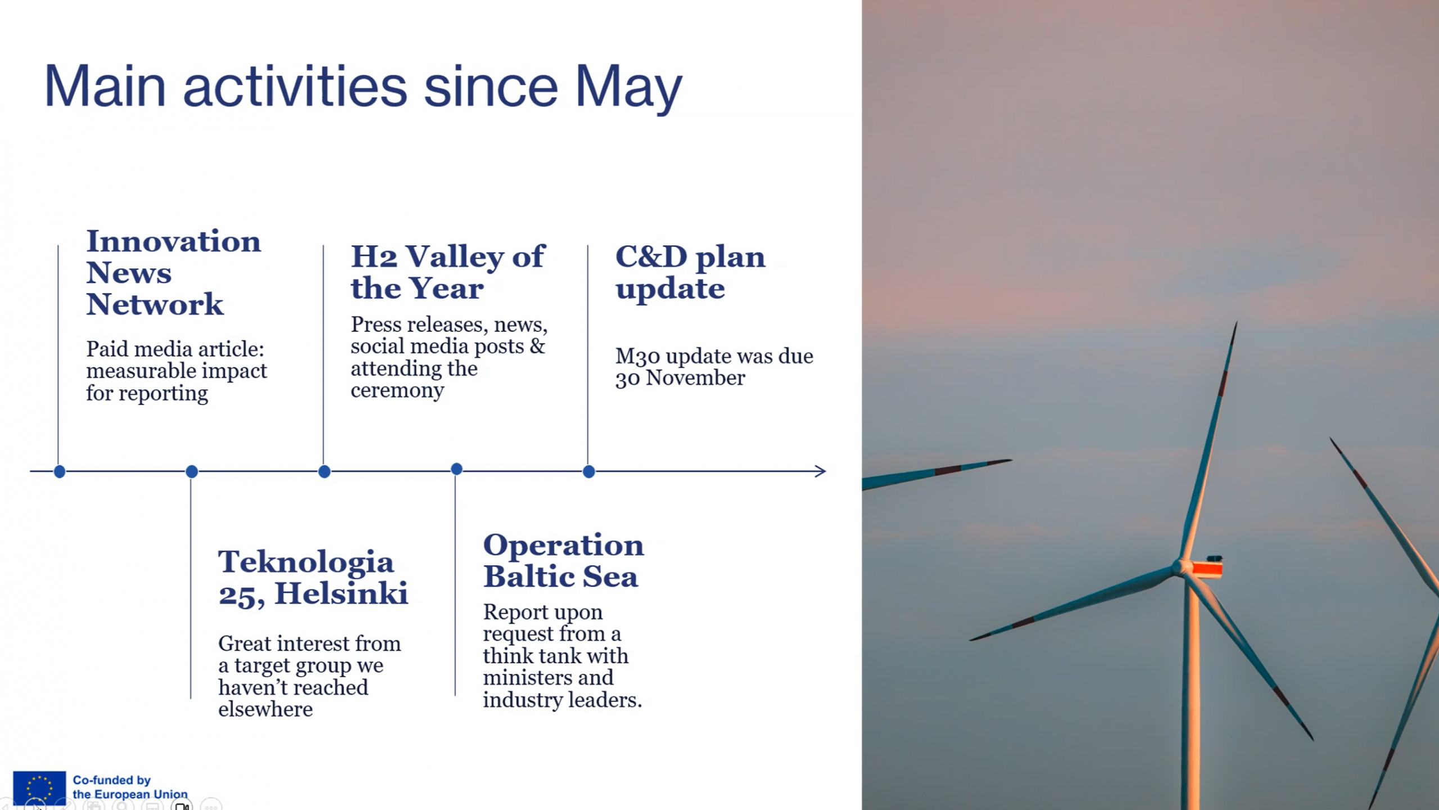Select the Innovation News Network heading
(174, 273)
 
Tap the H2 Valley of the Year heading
(447, 272)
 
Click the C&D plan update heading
(690, 272)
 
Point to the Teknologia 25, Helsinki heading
(313, 578)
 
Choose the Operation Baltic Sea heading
(563, 560)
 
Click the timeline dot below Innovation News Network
(60, 471)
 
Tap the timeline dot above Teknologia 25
(192, 471)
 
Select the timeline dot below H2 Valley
(324, 471)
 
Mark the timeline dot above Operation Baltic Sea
(457, 469)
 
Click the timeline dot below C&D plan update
(589, 471)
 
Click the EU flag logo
(39, 787)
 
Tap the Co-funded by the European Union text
(130, 787)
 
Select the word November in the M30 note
(695, 378)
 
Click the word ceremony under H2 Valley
(397, 390)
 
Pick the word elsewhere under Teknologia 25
(265, 709)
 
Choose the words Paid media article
(175, 349)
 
